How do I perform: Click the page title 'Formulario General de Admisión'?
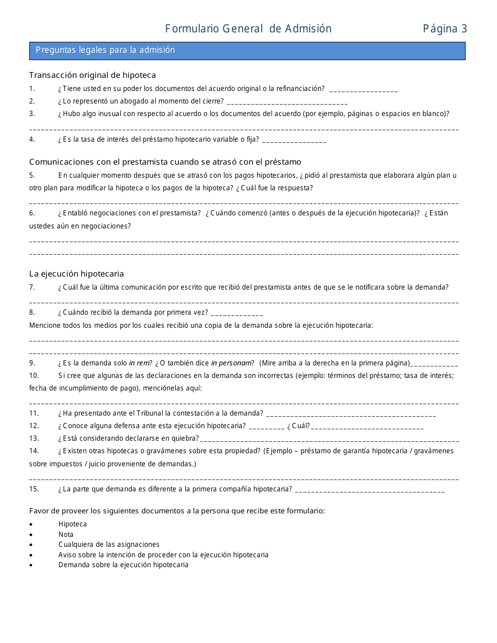248,29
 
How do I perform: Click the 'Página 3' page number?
445,29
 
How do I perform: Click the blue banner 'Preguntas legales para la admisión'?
247,51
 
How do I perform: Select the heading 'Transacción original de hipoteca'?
92,75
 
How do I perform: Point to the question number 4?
32,139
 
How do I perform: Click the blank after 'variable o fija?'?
294,140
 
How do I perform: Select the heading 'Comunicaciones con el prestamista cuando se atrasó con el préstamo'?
165,162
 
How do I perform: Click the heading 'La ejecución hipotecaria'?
76,274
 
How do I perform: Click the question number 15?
34,489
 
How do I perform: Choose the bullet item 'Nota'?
66,534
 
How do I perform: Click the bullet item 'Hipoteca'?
73,524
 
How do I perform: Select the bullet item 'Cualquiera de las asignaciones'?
109,544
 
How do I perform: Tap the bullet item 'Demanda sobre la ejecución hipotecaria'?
123,565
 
